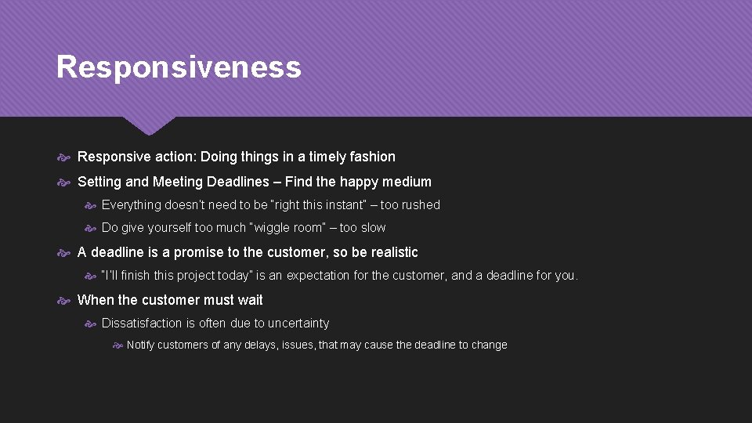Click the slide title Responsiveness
(179, 67)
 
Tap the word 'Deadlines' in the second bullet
(240, 182)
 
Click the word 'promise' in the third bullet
(199, 252)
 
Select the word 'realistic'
(390, 252)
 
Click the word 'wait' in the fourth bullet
(250, 300)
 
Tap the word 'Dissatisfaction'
(142, 324)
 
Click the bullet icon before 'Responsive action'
(65, 157)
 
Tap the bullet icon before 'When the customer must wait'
(65, 301)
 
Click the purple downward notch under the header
(149, 125)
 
